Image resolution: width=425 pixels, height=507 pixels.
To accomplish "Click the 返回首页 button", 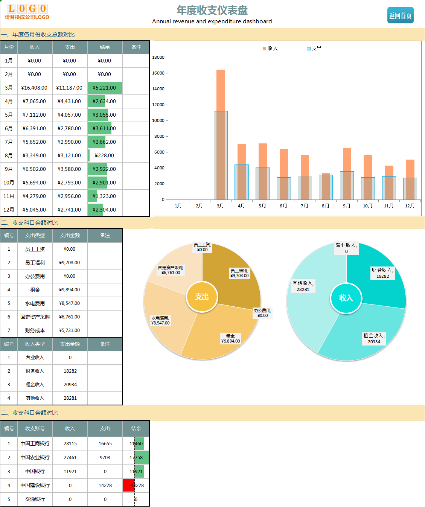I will pos(400,15).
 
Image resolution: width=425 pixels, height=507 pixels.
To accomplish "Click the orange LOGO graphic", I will pos(27,9).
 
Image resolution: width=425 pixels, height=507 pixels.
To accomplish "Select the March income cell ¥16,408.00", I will pos(34,88).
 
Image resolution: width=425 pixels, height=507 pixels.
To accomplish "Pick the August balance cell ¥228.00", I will pos(104,155).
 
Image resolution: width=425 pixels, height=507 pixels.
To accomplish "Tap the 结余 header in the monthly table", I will pos(105,47).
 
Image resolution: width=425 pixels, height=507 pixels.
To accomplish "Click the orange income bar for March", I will pos(221,90).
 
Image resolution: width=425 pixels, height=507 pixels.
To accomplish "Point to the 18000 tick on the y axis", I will pos(158,57).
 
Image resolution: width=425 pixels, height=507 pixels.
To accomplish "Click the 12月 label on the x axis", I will pos(410,206).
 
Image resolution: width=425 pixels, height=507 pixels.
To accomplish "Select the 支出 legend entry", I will pos(314,49).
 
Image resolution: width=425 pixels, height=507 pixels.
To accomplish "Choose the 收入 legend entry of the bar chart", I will pos(270,49).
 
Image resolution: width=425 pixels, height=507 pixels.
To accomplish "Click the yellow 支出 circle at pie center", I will pos(202,297).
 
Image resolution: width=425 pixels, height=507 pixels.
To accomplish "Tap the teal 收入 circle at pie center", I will pos(346,298).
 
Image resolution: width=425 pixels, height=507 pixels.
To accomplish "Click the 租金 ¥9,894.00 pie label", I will pos(230,339).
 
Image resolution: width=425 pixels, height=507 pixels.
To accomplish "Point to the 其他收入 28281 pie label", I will pos(303,286).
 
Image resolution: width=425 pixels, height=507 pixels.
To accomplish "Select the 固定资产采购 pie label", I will pos(171,270).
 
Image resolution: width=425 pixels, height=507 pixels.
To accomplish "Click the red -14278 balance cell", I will pos(129,485).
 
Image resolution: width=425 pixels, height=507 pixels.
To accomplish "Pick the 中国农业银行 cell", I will pos(35,458).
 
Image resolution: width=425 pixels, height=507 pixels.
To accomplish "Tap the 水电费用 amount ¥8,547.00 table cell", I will pos(70,303).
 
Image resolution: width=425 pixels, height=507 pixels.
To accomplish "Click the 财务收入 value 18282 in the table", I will pos(70,371).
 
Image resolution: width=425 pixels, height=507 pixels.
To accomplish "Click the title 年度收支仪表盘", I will pos(212,10).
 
